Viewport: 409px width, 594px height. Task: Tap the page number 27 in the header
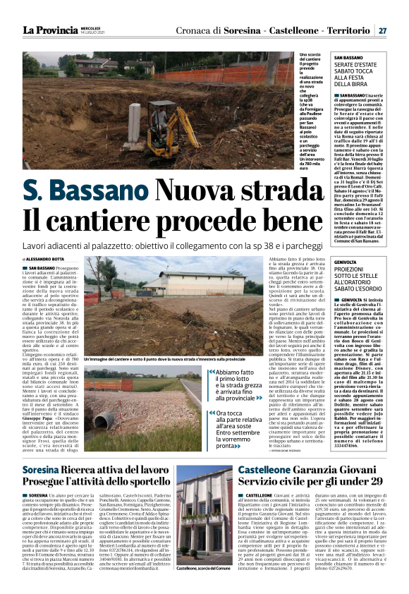coord(383,30)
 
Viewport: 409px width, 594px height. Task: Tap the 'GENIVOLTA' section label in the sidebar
coord(346,261)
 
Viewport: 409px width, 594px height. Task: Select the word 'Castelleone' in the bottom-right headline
coord(269,470)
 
